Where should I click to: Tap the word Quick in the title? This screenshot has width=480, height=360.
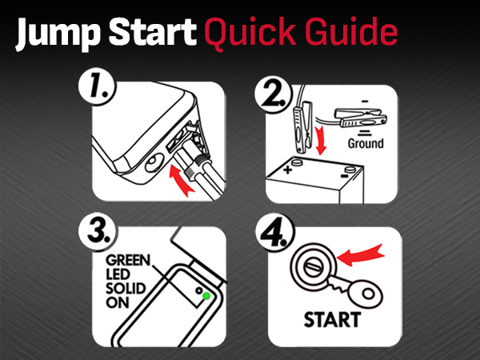point(250,33)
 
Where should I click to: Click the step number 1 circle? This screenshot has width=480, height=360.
point(97,87)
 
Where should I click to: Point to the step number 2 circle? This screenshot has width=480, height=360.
point(274,94)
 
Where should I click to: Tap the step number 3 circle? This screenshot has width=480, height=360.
point(98,232)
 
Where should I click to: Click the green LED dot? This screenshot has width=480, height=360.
point(206,296)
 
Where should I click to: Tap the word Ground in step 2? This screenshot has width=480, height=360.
point(366,143)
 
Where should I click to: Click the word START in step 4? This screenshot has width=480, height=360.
point(333,319)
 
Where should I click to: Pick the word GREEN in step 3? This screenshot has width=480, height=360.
point(128,260)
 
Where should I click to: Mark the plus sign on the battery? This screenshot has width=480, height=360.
point(287,170)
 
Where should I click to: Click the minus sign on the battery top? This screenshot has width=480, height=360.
point(345,176)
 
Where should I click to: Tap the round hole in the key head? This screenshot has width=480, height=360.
point(368,294)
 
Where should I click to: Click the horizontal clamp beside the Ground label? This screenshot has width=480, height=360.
point(361,118)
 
